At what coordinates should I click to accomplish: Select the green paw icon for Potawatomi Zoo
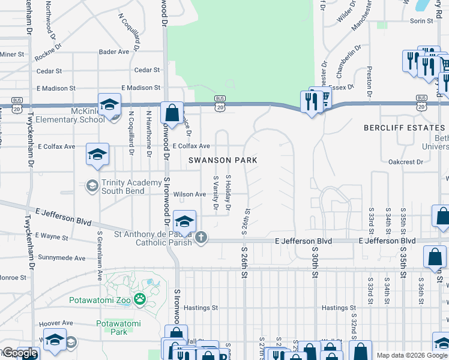pos(139,298)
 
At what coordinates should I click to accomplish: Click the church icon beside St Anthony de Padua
pos(201,238)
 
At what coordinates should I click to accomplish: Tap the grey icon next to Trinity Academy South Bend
pos(92,186)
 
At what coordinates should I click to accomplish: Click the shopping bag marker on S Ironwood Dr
pos(172,113)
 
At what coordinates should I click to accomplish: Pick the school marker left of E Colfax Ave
pos(97,154)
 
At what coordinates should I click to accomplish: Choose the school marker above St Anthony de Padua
pos(184,220)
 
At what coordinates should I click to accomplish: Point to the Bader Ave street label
pos(114,52)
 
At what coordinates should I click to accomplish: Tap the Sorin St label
pos(421,21)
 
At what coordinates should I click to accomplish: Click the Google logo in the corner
pos(20,353)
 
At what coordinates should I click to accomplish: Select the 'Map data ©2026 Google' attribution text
pos(412,355)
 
